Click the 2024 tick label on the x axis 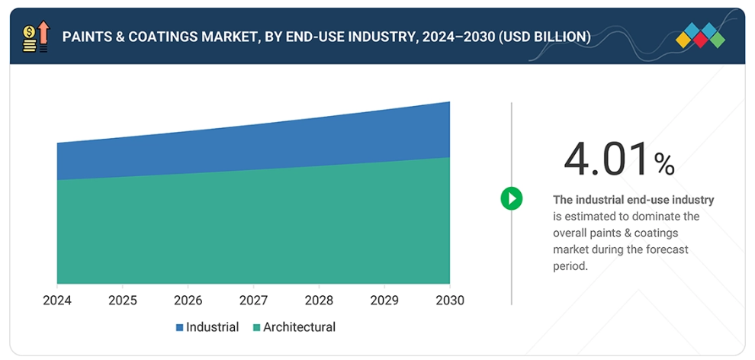tap(57, 301)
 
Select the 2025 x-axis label tap(122, 301)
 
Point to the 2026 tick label tap(188, 301)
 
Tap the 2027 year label tap(253, 301)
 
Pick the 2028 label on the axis tap(319, 301)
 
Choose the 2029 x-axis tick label tap(384, 301)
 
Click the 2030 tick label tap(448, 301)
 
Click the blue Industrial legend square tap(180, 327)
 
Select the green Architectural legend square tap(257, 327)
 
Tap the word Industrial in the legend tap(212, 327)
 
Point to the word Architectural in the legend tap(299, 327)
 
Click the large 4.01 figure tap(606, 159)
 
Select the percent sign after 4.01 tap(664, 163)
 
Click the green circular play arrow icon tap(512, 199)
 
